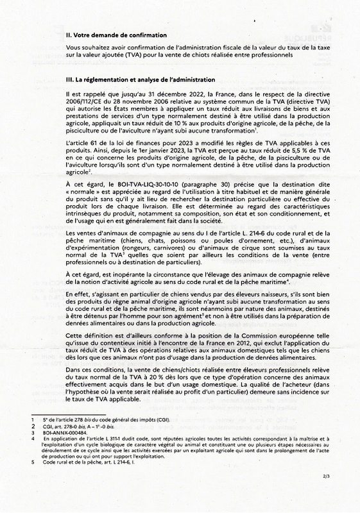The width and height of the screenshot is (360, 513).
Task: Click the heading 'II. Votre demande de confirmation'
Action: pos(116,35)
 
